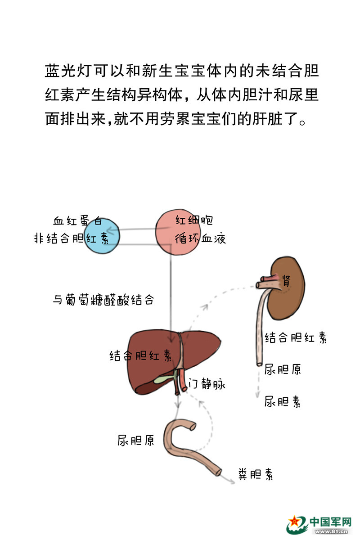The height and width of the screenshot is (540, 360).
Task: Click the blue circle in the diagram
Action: (x=102, y=236)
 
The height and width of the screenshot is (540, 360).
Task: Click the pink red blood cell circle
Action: (x=177, y=232)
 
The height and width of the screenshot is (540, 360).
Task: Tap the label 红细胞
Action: (x=194, y=220)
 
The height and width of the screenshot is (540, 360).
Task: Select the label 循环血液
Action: (x=200, y=238)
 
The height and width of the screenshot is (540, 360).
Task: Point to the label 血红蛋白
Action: (x=77, y=221)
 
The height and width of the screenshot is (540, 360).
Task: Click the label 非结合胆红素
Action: (x=72, y=238)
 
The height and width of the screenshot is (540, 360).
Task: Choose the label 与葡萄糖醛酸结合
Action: (x=103, y=300)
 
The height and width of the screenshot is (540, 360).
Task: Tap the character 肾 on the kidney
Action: (x=286, y=281)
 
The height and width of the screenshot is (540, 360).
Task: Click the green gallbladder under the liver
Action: (x=163, y=379)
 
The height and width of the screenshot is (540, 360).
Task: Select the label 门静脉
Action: (x=207, y=384)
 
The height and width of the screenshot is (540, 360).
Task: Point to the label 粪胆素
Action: (x=256, y=474)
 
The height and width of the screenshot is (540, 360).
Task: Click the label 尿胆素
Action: (x=282, y=401)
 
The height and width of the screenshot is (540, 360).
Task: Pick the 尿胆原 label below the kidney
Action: (x=283, y=369)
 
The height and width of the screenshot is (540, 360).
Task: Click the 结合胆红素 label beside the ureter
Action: (x=296, y=337)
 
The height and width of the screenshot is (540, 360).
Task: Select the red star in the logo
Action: (x=295, y=522)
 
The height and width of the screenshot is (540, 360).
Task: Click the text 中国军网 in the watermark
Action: (x=330, y=522)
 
